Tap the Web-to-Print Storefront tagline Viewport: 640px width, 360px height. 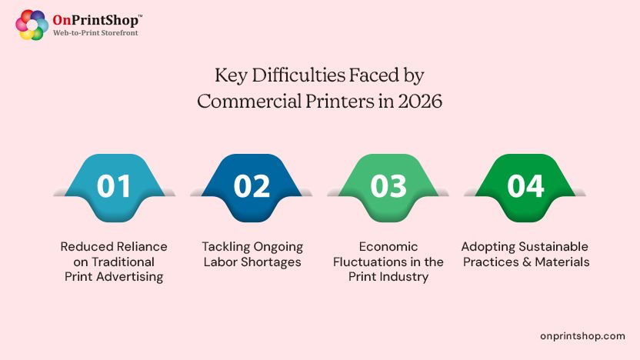96,34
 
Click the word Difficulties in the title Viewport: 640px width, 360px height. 292,75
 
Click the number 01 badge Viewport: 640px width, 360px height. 114,187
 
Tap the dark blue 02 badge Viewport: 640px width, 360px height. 252,187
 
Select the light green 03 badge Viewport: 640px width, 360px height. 388,187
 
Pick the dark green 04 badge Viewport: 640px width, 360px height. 525,187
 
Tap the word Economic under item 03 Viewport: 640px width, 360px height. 388,246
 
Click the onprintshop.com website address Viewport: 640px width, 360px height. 582,336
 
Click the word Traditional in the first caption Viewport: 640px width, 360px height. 123,262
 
